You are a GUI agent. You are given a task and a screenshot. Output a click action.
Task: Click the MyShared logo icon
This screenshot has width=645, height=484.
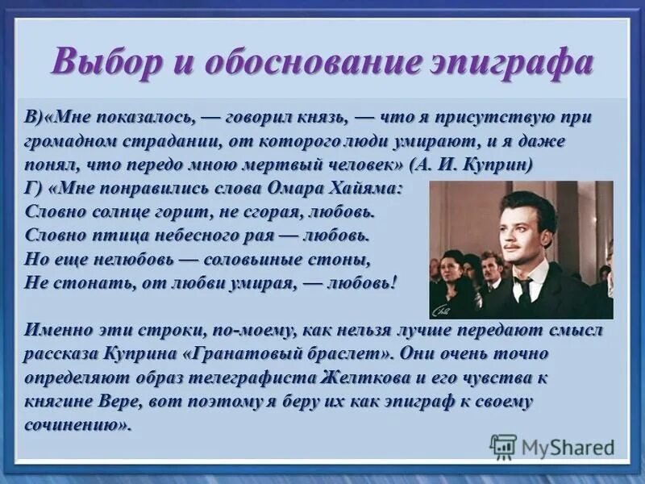(504, 446)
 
